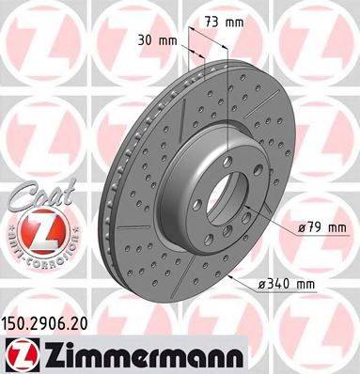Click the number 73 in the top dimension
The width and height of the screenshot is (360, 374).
pos(212,20)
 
